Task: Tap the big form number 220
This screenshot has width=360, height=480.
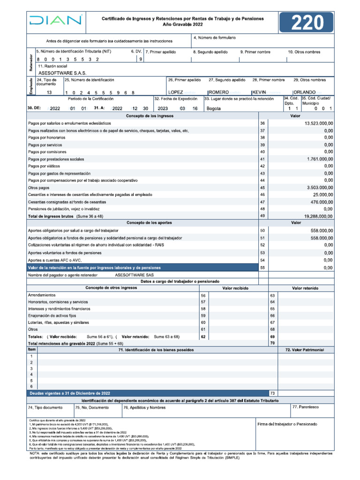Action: pos(307,23)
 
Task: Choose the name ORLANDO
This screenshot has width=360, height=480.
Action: pos(305,92)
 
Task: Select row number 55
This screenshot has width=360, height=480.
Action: pos(262,267)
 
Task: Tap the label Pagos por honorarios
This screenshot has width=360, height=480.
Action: pos(46,138)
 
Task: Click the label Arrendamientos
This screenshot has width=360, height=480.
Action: pos(42,295)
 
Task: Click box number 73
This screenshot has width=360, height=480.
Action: pos(272,393)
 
